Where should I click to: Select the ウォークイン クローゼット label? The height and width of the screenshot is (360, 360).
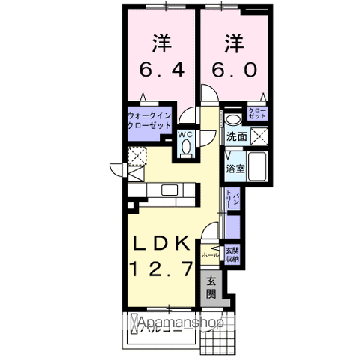click(x=151, y=120)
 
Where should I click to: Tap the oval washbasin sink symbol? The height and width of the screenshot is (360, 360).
click(x=233, y=119)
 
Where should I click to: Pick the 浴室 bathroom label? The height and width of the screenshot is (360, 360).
click(x=235, y=169)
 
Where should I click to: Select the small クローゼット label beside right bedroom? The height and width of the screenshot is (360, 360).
click(x=258, y=115)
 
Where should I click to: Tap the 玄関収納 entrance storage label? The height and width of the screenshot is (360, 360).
click(x=232, y=253)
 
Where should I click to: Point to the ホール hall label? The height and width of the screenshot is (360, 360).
click(x=211, y=255)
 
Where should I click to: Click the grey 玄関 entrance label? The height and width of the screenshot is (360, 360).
click(x=211, y=287)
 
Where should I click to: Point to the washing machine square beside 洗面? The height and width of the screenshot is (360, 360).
click(x=259, y=136)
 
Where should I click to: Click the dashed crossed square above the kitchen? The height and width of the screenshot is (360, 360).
click(x=136, y=157)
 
